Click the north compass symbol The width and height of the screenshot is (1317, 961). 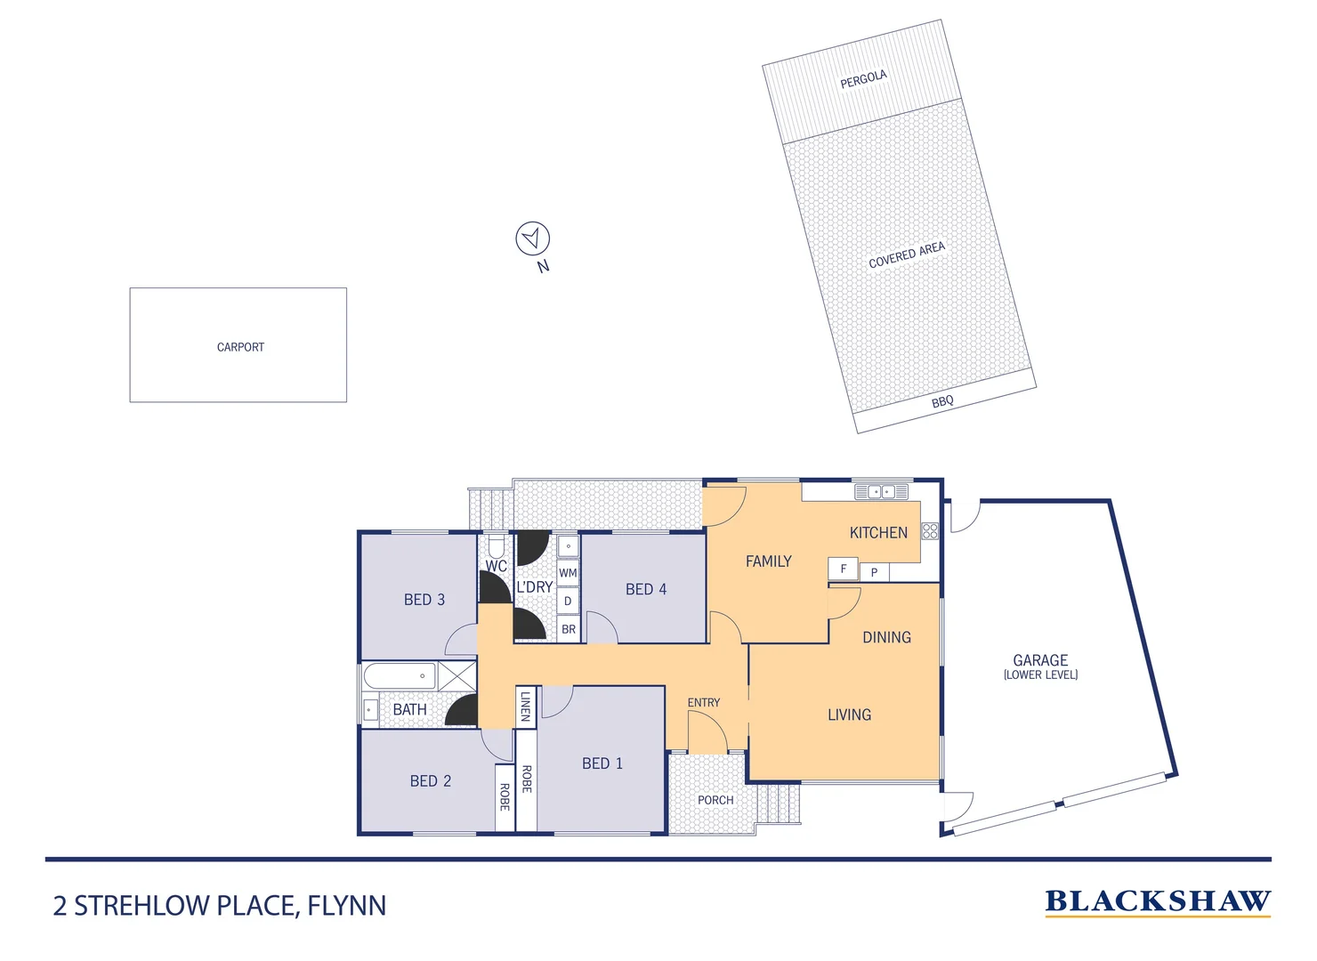(532, 238)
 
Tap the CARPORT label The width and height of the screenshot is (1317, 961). (240, 347)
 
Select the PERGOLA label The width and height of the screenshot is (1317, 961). (863, 79)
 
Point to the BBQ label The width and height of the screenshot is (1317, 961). (942, 401)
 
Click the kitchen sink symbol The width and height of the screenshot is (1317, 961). (881, 491)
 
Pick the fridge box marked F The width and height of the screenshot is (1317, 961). (843, 569)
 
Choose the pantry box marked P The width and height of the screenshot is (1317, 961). (874, 572)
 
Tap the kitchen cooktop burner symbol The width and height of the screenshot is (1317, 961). (930, 531)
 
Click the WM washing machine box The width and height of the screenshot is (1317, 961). (568, 573)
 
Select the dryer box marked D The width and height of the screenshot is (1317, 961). (568, 601)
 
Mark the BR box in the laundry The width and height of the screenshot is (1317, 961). (569, 629)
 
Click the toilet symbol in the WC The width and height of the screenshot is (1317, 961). (497, 545)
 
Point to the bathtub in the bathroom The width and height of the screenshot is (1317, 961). (400, 675)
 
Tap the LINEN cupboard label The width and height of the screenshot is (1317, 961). (526, 707)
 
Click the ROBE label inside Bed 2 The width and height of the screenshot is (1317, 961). (505, 796)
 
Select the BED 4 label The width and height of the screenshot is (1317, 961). (645, 589)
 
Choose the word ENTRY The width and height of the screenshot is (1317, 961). (703, 702)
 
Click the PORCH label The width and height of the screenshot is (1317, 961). (715, 800)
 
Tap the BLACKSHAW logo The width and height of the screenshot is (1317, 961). (1157, 902)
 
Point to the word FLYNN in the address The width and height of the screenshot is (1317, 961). (347, 906)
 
